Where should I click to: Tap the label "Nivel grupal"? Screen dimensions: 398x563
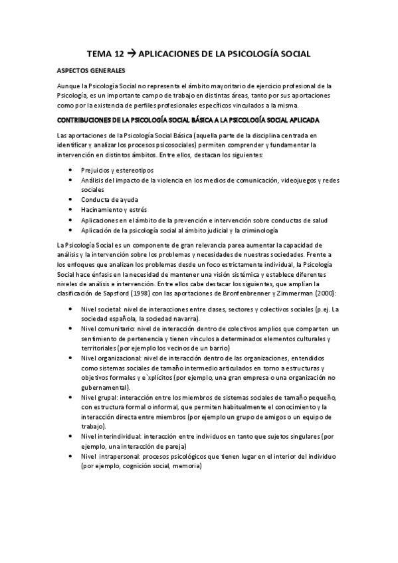pos(98,397)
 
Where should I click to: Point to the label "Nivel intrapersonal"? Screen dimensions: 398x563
pos(108,457)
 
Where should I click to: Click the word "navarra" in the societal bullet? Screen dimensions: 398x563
pos(168,319)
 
